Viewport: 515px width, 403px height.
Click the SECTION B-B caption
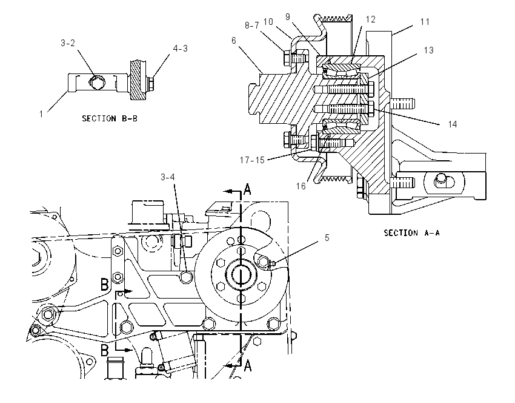pos(110,118)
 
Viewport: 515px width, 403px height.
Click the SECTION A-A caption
pos(411,233)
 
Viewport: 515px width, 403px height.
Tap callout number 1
pos(41,114)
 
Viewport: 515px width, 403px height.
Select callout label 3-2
pos(68,43)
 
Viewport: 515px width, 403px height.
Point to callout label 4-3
pos(181,49)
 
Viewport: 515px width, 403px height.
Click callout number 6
pos(234,41)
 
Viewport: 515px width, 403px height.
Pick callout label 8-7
pos(252,25)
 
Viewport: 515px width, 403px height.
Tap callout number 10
pos(268,22)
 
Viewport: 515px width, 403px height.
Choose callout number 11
pos(425,22)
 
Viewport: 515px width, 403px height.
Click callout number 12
pos(370,19)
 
